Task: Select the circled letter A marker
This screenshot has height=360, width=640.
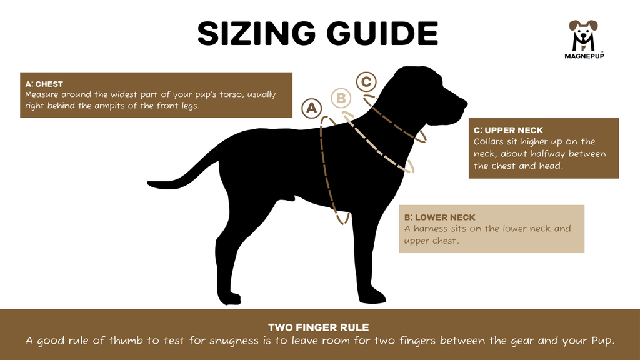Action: [x=311, y=108]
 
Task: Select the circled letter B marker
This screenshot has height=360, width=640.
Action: [x=341, y=98]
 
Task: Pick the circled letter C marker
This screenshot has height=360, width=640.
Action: [x=366, y=81]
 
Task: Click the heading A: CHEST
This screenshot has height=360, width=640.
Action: [x=44, y=84]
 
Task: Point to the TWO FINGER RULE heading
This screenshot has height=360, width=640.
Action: [x=319, y=327]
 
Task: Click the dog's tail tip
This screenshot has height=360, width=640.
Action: [x=152, y=184]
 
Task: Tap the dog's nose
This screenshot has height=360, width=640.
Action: [x=463, y=101]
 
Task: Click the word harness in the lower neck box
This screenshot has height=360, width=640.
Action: [x=430, y=229]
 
